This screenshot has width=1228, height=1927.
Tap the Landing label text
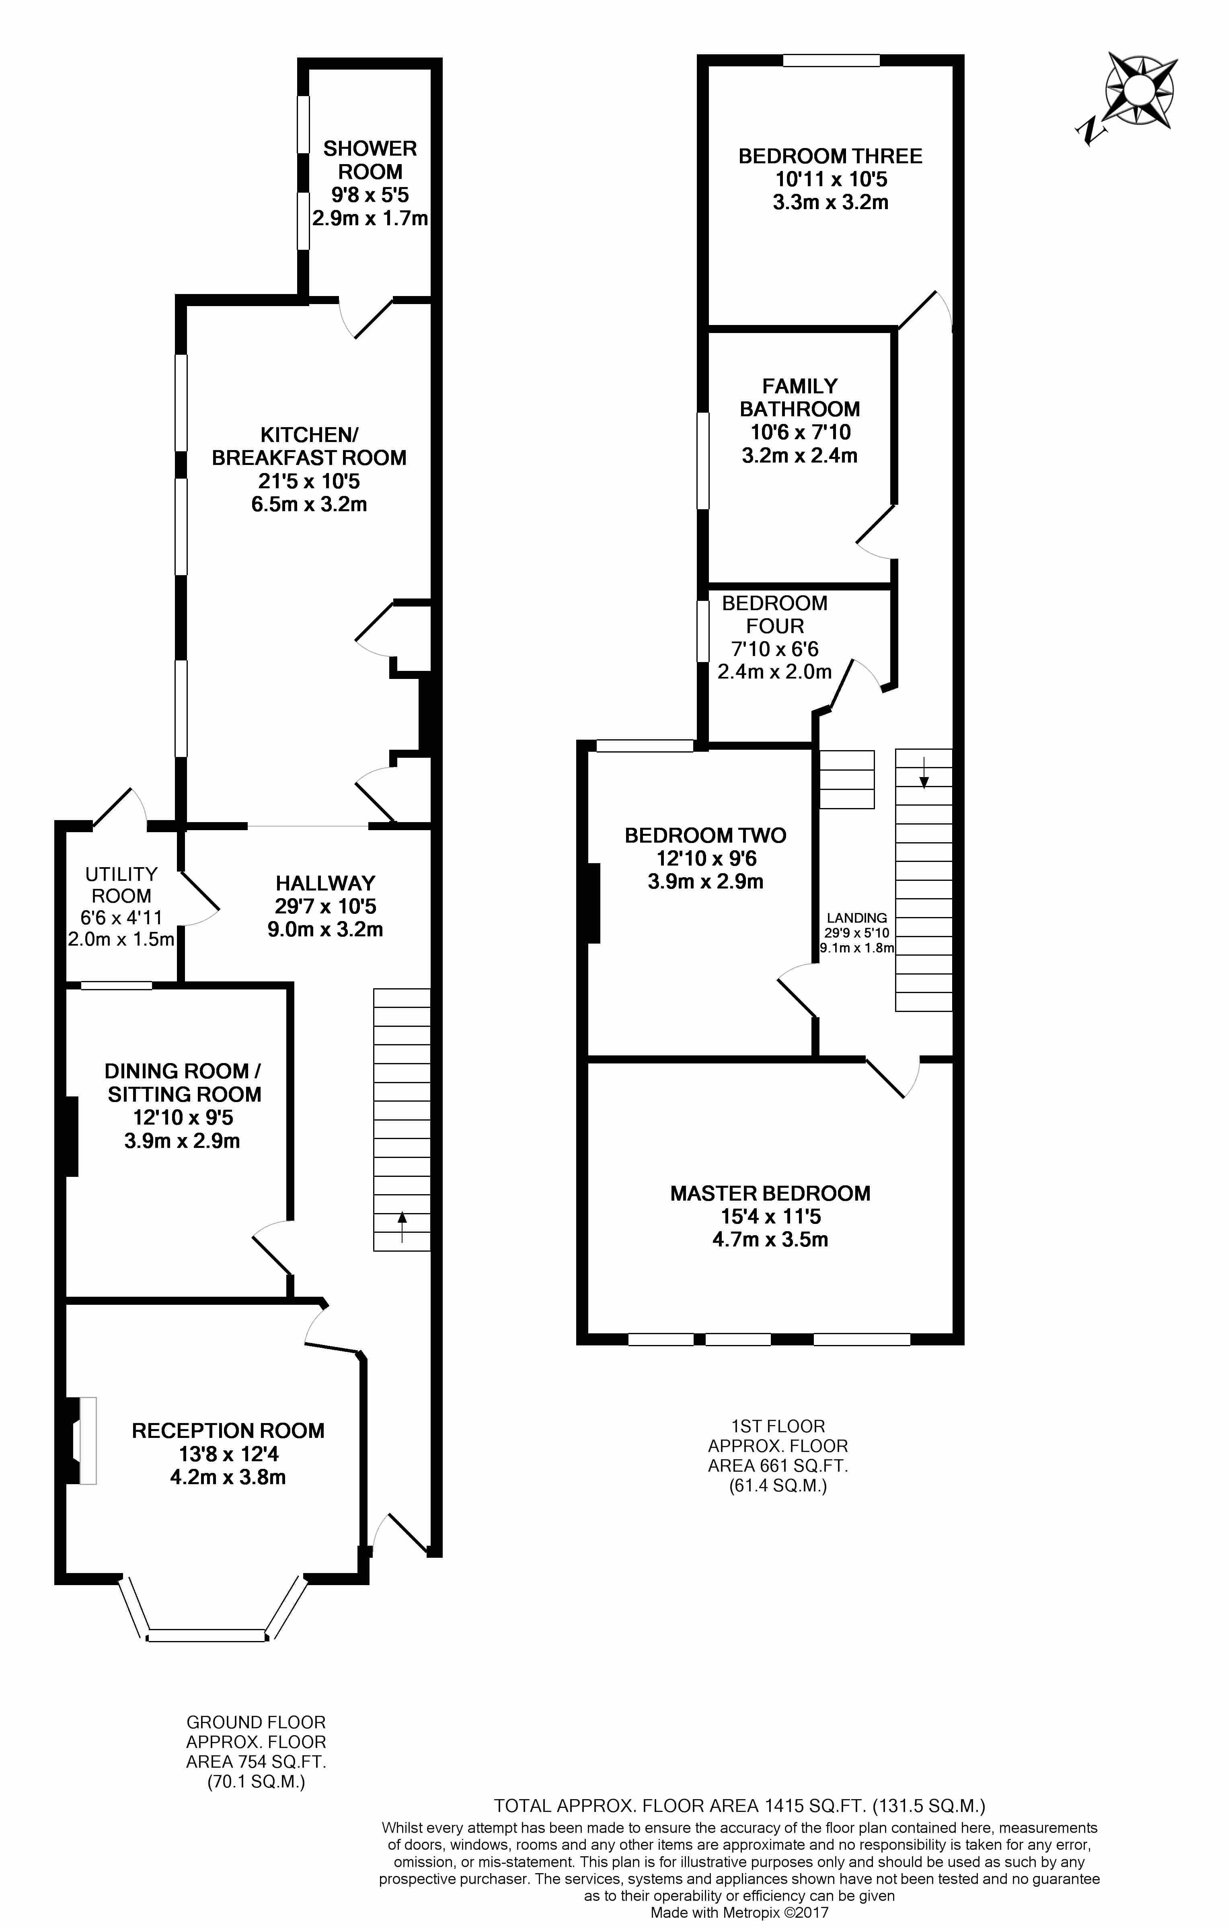click(857, 918)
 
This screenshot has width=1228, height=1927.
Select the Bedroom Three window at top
click(831, 60)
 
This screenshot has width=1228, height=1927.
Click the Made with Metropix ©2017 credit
click(739, 1913)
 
